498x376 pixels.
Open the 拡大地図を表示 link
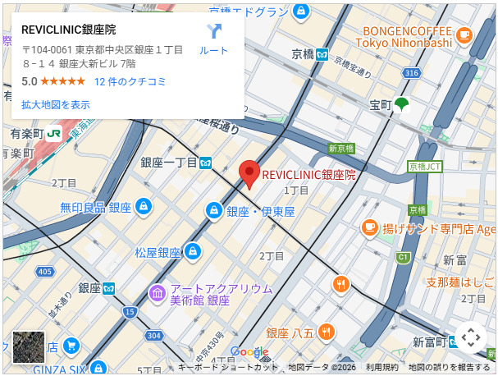56,104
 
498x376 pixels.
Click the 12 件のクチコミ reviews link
130,81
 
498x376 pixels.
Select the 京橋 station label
302,55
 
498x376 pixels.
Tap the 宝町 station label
381,105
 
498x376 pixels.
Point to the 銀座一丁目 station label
169,163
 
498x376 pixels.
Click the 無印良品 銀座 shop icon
144,207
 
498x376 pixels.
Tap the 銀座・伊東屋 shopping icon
213,211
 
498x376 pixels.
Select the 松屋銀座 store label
158,252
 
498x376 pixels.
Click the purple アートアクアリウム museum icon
157,292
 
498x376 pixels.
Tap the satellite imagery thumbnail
29,347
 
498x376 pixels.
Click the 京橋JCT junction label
424,166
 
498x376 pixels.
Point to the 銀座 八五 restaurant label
291,332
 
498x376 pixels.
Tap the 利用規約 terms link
381,367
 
